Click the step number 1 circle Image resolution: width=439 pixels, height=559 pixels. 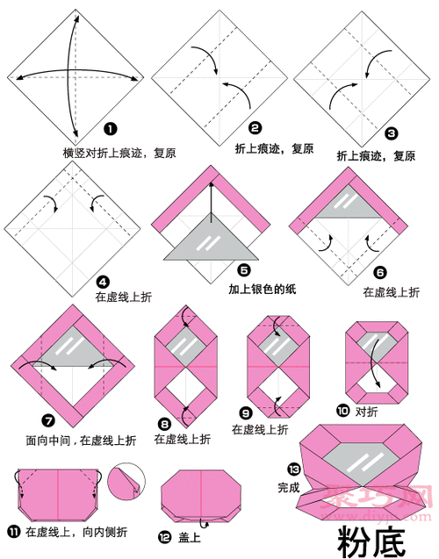(x=111, y=129)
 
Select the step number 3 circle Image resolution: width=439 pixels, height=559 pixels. (x=392, y=133)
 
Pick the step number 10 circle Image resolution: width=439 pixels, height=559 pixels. (x=343, y=410)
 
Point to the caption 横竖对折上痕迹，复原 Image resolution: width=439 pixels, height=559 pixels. (x=119, y=152)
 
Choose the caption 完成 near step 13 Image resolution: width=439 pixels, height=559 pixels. (x=289, y=485)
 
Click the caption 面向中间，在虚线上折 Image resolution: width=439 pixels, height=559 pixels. (x=80, y=438)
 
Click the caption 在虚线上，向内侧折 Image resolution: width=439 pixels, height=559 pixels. (x=76, y=532)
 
